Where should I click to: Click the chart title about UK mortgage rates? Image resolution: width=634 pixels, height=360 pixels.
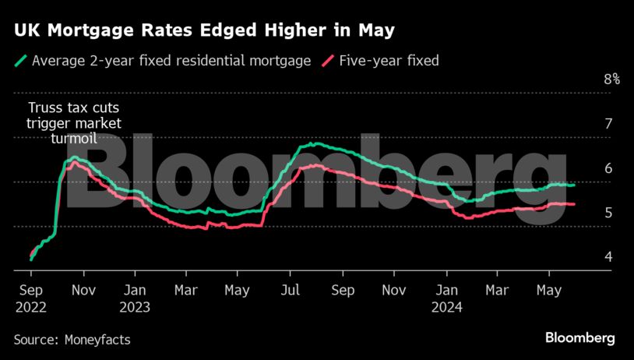[203, 31]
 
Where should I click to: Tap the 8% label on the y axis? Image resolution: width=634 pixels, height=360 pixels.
[611, 79]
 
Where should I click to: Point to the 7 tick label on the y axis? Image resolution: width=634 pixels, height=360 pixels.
[608, 123]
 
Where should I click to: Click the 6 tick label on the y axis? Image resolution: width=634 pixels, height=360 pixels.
[608, 168]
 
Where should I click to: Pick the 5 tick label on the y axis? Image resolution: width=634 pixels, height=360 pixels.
[608, 212]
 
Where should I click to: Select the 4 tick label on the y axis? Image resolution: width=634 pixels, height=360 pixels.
[608, 256]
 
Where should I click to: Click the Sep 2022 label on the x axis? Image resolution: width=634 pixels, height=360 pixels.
[30, 298]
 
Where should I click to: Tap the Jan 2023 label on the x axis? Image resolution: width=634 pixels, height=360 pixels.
[134, 298]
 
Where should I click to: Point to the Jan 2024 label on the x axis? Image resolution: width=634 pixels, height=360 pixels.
[446, 298]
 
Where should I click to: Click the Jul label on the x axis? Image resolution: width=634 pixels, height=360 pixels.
[290, 290]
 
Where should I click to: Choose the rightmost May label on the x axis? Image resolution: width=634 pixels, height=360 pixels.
[549, 290]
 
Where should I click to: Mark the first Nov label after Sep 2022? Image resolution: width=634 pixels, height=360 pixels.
[83, 290]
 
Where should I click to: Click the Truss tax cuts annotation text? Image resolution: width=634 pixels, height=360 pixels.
[74, 122]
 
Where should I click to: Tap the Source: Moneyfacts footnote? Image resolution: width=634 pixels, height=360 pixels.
[72, 340]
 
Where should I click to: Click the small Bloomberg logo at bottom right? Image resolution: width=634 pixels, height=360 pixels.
[579, 338]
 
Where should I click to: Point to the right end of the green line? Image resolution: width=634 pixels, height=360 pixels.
[574, 185]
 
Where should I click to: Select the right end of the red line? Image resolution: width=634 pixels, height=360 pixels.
[574, 205]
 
